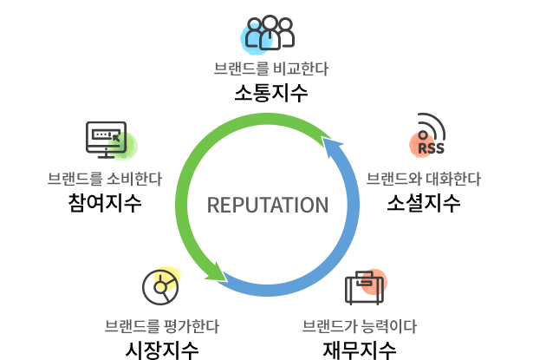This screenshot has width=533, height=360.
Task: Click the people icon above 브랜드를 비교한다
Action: coord(267,35)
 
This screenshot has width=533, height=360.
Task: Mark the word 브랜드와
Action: coord(388,180)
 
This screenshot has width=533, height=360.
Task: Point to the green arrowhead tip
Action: coord(225,279)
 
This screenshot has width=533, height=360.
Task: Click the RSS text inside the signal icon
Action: coord(431,148)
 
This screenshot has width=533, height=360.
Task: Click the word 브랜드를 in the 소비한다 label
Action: coord(75,180)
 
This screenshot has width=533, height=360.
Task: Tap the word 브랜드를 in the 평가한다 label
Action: coord(131,326)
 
